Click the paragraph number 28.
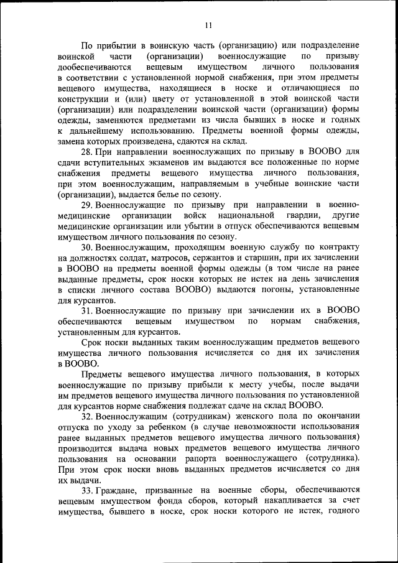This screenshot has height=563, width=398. click(87, 151)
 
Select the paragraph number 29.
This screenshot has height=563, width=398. click(87, 205)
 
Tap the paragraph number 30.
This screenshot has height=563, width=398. click(87, 247)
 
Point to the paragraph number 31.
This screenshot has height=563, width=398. click(87, 310)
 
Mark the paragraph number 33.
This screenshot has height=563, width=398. click(87, 491)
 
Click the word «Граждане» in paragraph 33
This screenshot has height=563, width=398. click(119, 491)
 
